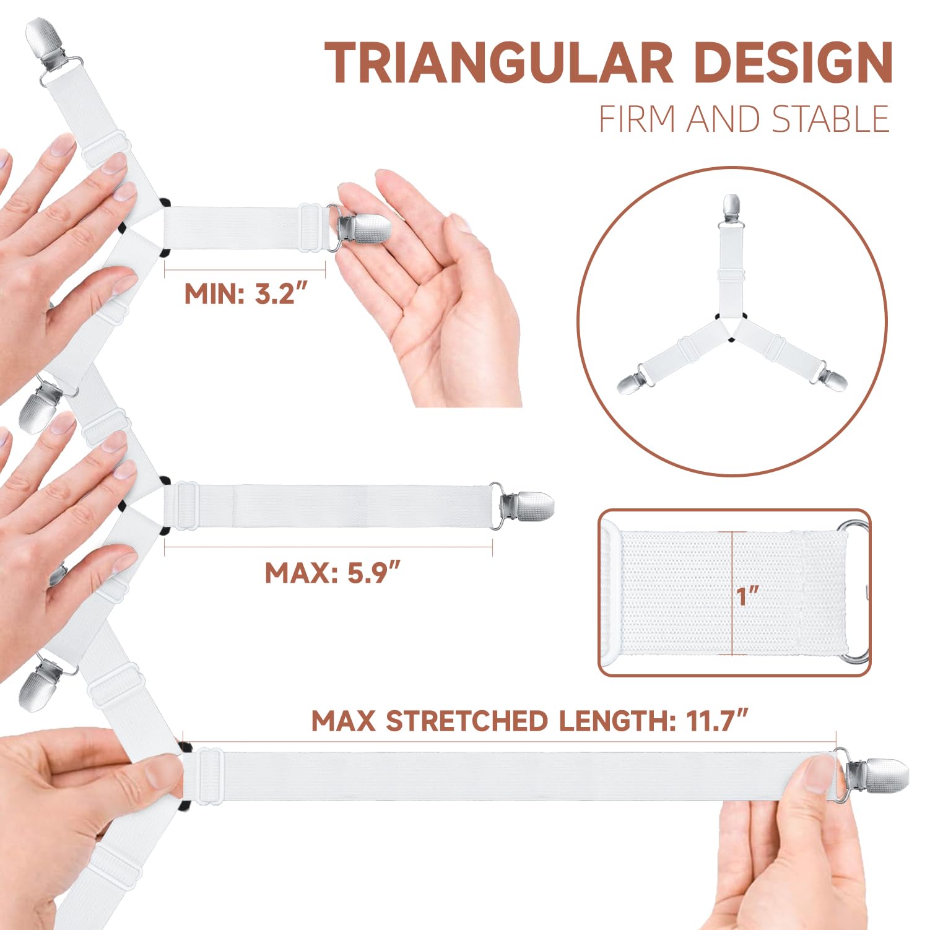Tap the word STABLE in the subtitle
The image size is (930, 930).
coord(831,120)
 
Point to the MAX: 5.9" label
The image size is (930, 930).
coord(334,573)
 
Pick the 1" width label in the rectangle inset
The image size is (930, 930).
coord(747,597)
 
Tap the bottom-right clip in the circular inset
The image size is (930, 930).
coord(833,380)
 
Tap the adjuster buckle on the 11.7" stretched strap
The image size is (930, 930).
coord(211,776)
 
